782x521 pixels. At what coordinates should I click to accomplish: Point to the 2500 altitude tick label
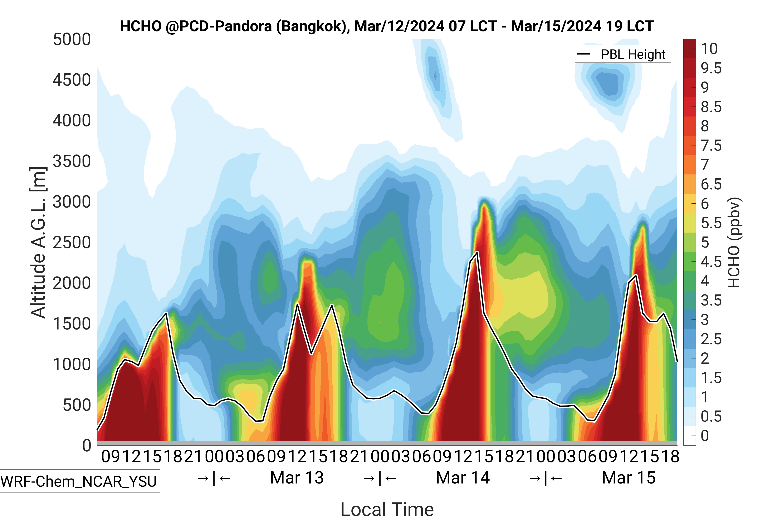72,243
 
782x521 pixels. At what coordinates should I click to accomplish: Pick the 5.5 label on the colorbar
711,223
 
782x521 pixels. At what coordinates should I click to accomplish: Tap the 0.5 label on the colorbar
711,417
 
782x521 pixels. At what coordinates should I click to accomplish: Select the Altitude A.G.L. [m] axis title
38,243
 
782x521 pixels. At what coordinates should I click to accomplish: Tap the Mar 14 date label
463,478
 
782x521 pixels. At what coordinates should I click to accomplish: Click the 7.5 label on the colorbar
711,145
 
